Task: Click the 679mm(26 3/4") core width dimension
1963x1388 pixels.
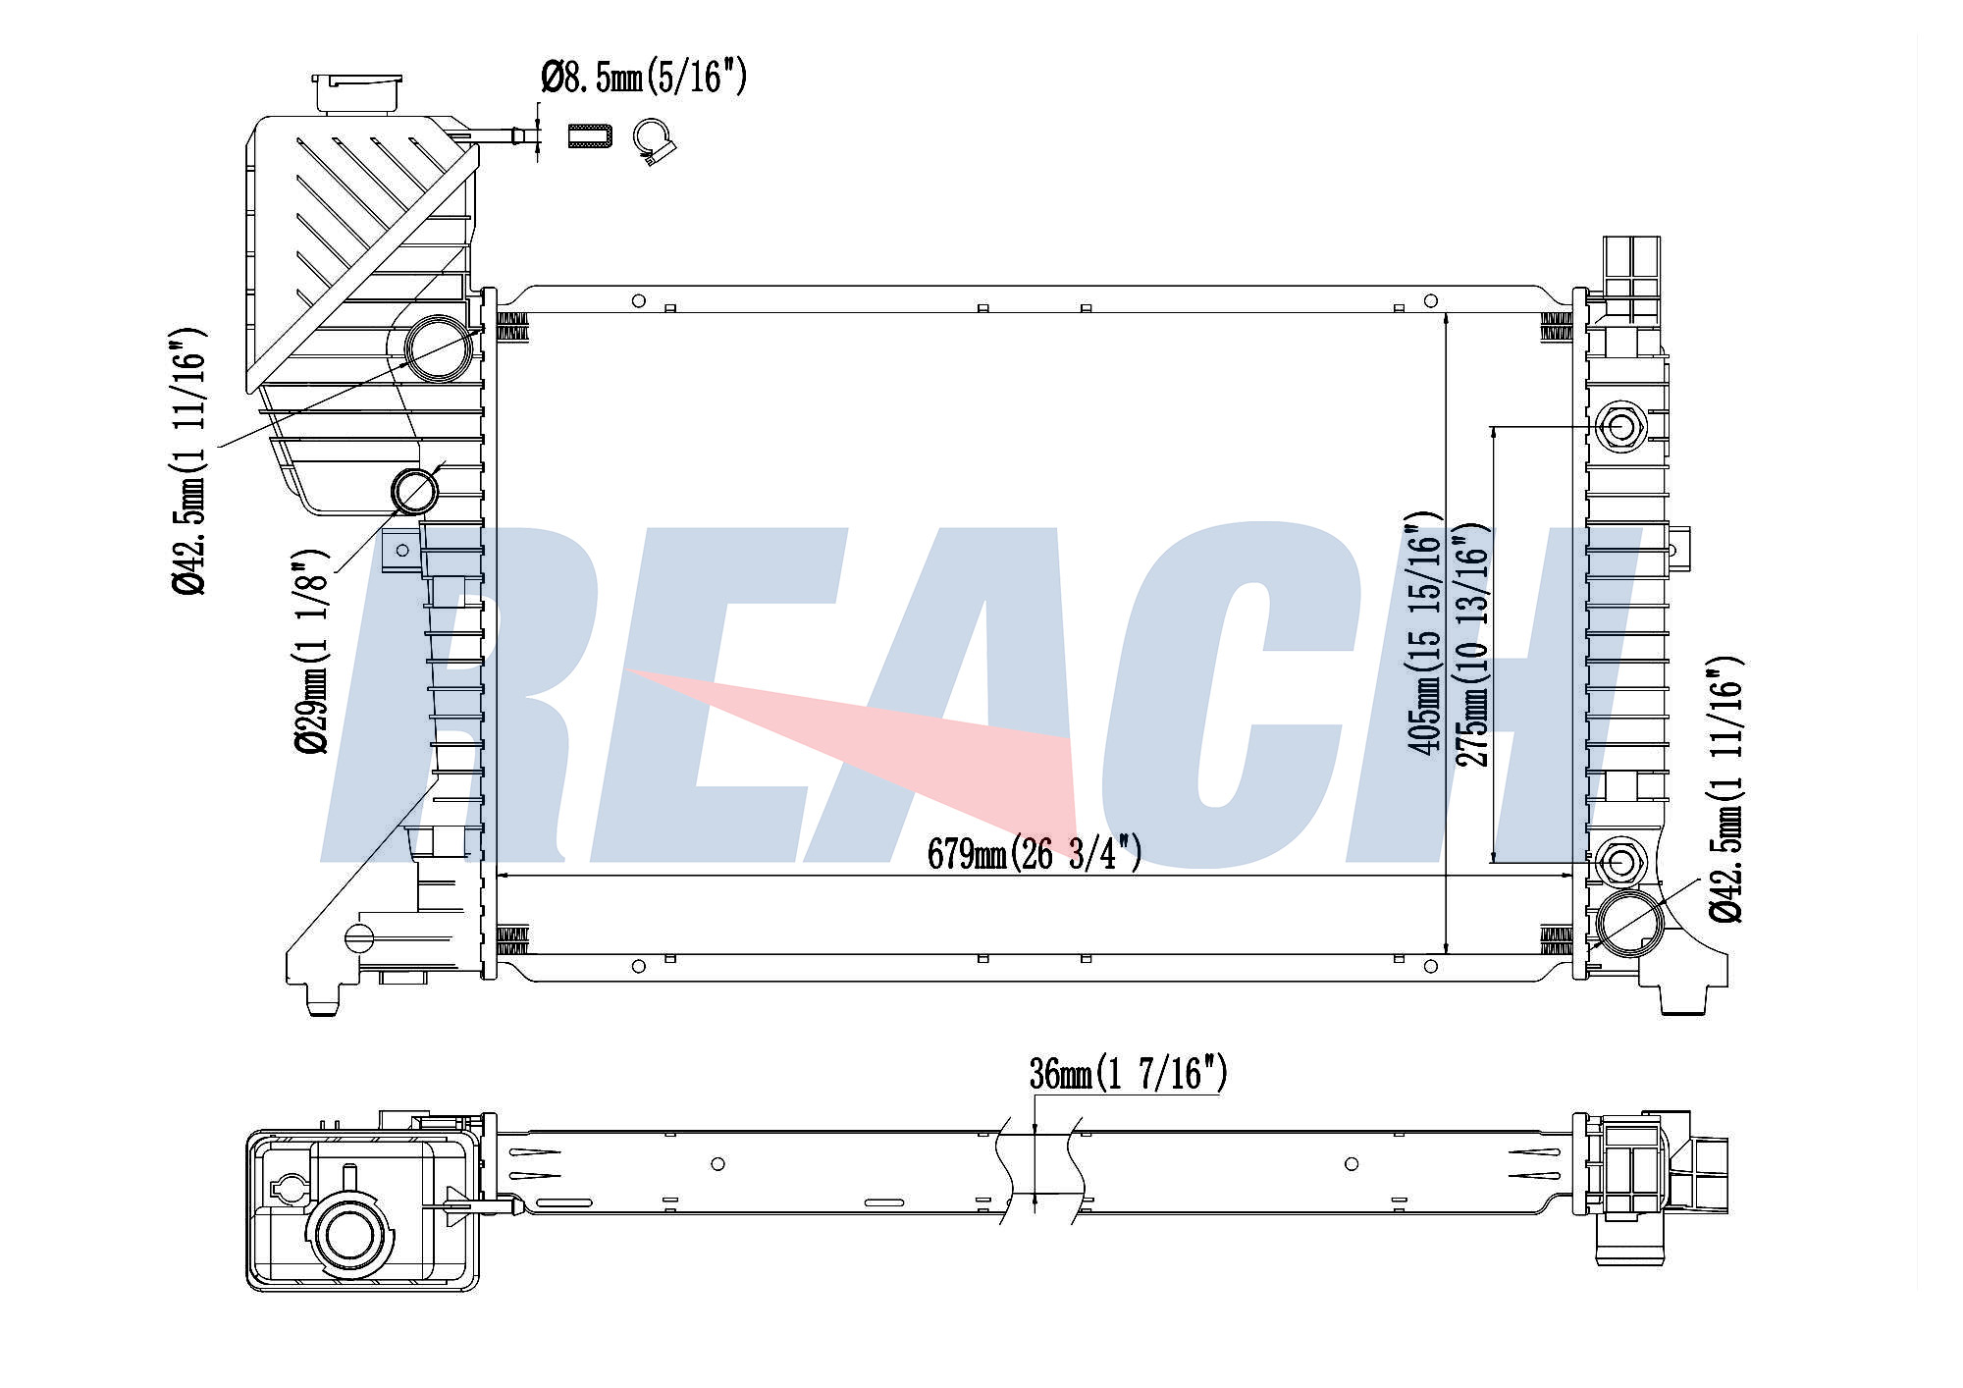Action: (1035, 853)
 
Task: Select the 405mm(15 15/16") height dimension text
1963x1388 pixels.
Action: (1424, 632)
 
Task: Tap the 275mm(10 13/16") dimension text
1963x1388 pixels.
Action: (1473, 645)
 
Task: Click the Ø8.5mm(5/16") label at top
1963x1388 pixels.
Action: (644, 76)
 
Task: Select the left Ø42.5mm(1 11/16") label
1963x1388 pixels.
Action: (188, 460)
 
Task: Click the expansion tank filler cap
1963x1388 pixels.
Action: (357, 91)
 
